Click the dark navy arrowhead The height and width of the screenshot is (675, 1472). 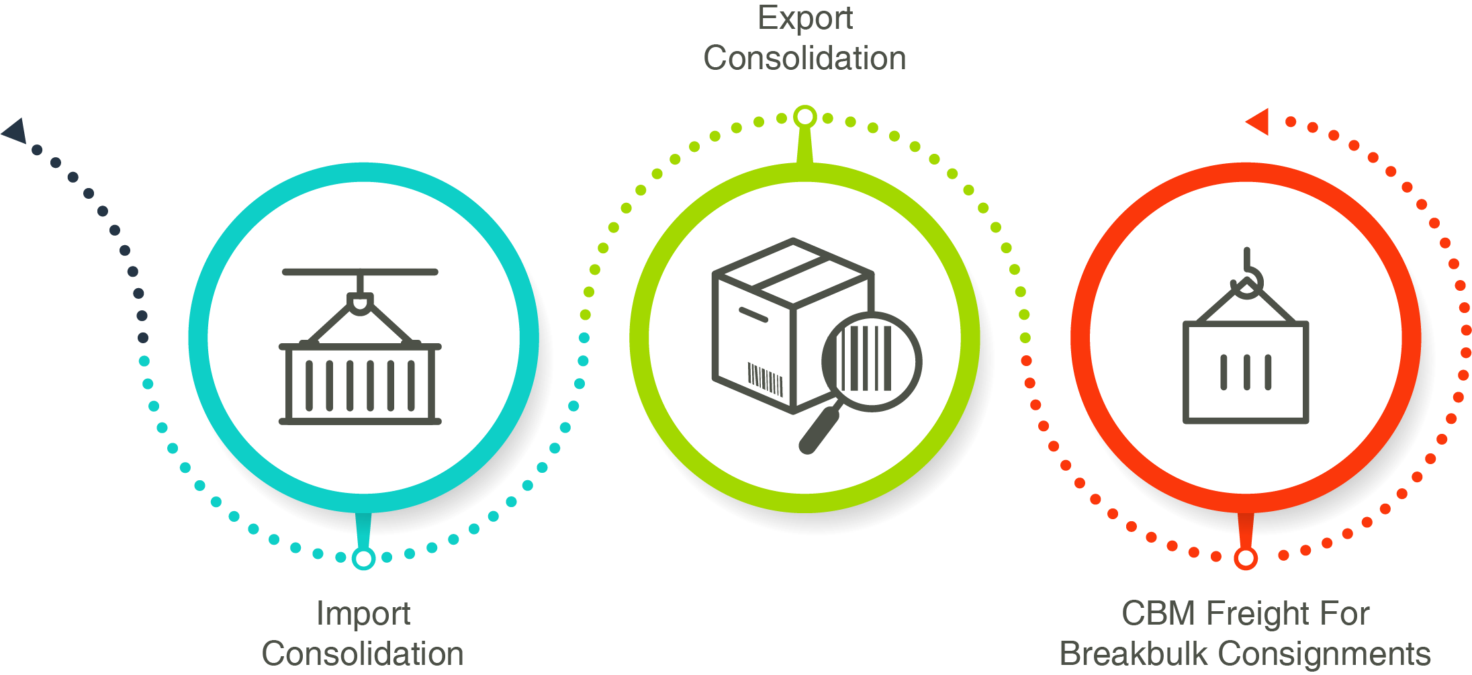(15, 130)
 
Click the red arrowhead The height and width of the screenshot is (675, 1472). (1258, 122)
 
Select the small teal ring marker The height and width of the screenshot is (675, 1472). (363, 558)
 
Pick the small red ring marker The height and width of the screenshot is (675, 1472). (1246, 558)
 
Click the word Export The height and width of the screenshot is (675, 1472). (804, 18)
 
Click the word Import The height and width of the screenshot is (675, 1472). (363, 613)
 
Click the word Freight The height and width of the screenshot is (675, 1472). (1262, 613)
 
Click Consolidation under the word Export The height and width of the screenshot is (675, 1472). (804, 58)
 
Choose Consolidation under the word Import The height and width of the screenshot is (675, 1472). (363, 654)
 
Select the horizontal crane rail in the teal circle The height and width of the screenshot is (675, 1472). (360, 272)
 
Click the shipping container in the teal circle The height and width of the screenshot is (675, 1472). (360, 384)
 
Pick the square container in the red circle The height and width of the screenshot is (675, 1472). (1246, 373)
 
